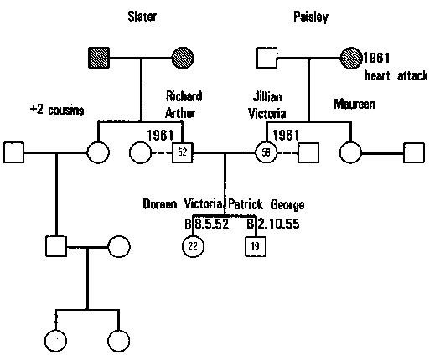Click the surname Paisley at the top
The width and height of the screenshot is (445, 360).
click(312, 18)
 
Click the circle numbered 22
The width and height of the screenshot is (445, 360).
click(192, 246)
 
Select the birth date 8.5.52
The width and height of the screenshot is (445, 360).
click(211, 224)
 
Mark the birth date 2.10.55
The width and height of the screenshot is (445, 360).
click(277, 224)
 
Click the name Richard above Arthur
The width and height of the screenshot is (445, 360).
click(184, 95)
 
